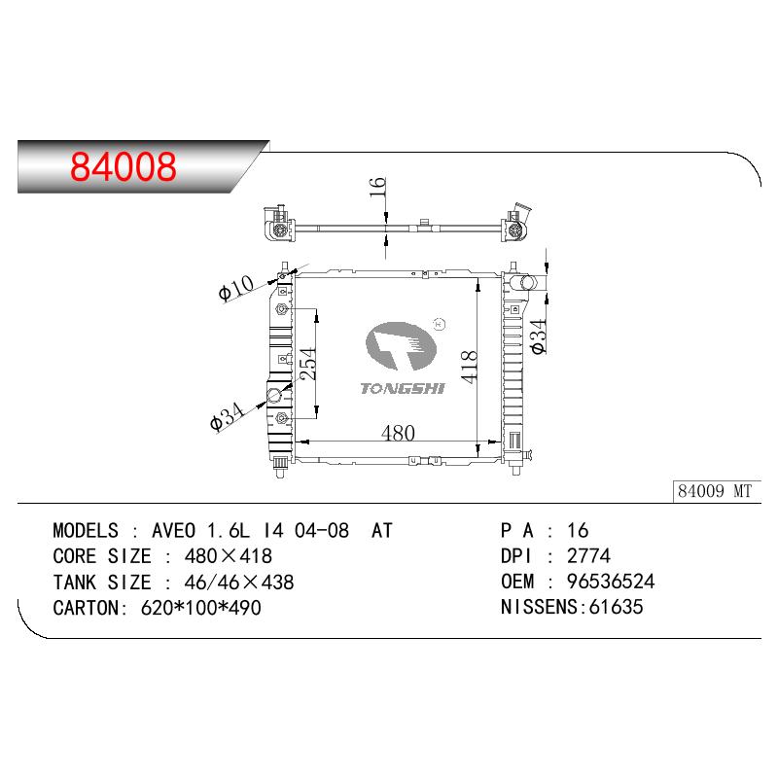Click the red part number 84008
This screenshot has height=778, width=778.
[124, 166]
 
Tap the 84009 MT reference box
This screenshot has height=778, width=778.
[716, 491]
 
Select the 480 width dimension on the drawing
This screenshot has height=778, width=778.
[398, 433]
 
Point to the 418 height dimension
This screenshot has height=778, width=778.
[469, 367]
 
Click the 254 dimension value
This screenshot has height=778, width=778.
[307, 363]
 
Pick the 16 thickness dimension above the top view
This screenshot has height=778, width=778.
[377, 187]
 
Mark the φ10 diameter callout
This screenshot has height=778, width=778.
[236, 288]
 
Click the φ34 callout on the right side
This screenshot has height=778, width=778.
[538, 336]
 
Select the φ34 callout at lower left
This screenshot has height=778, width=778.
[228, 417]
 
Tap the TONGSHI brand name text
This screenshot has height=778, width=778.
[403, 388]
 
